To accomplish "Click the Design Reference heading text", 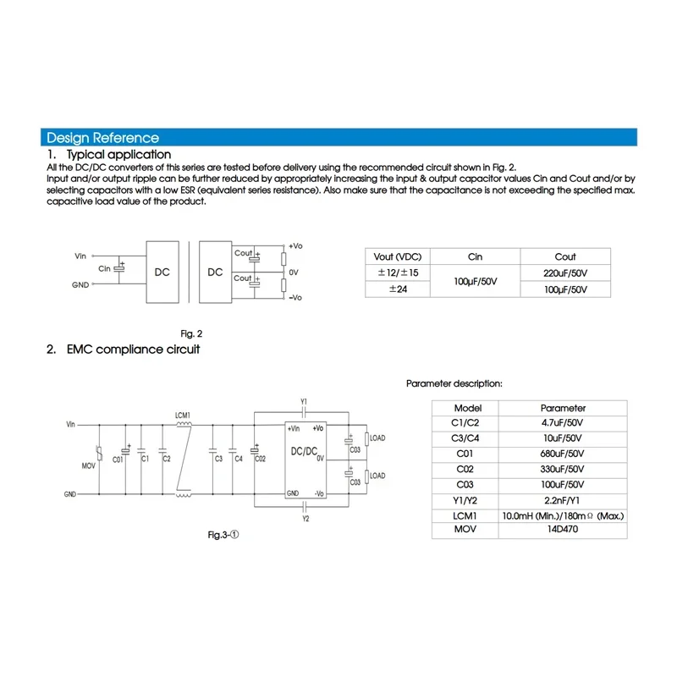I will coord(102,138).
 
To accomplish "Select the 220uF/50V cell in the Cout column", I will coord(565,272).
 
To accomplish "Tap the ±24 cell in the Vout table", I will coord(397,289).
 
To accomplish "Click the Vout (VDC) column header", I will coord(397,256).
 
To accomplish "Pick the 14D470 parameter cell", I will coord(562,531).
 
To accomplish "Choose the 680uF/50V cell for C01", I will coord(562,454).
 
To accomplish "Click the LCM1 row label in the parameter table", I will coord(466,515).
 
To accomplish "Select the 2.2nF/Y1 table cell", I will coord(562,499).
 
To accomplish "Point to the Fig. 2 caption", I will coord(192,333).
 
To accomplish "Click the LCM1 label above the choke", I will coord(183,415).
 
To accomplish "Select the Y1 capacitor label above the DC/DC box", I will coord(304,400).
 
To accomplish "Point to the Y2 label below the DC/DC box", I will coord(304,519).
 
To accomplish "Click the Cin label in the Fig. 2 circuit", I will coord(105,268).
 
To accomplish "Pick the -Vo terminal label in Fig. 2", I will coord(295,298).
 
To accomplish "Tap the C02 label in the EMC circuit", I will coord(261,459).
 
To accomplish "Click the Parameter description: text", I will coord(454,383).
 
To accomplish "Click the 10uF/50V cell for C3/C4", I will coord(562,438).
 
